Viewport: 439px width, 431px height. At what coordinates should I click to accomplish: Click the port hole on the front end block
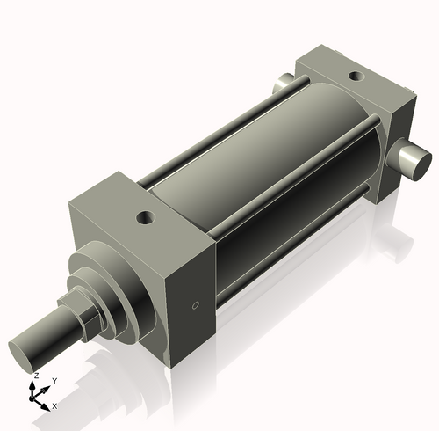[144, 215]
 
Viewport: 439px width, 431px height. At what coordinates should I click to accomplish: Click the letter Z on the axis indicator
[35, 376]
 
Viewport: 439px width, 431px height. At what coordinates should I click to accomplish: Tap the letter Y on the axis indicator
[54, 379]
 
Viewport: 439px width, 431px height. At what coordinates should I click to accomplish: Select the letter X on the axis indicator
[54, 405]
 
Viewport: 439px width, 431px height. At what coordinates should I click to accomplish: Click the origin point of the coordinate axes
[37, 396]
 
